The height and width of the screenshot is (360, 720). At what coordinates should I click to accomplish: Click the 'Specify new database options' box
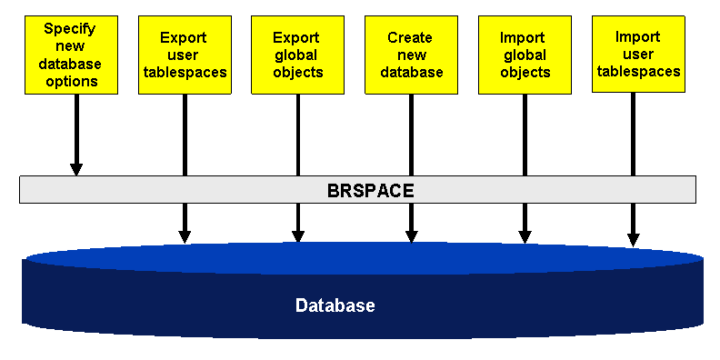point(71,55)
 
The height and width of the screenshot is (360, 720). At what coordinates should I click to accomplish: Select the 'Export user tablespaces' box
point(185,55)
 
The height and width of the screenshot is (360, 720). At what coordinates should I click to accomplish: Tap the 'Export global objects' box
point(297,55)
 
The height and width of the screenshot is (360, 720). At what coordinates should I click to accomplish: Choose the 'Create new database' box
point(411,55)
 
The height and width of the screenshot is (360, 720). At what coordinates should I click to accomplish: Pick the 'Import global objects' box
point(525,55)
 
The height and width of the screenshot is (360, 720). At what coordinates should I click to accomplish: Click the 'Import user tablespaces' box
point(638,55)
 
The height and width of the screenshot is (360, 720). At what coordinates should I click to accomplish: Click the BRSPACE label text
point(371,191)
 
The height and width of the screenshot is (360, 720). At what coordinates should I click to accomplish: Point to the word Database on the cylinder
point(335,305)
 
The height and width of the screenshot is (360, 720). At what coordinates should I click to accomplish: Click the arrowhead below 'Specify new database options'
point(76,169)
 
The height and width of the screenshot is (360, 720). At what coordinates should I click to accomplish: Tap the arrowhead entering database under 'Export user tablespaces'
point(185,236)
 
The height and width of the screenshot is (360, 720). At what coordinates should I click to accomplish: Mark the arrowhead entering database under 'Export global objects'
point(298,236)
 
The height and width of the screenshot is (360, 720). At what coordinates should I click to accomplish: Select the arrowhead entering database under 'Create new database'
point(412,236)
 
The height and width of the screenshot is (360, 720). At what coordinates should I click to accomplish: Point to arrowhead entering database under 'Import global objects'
point(525,237)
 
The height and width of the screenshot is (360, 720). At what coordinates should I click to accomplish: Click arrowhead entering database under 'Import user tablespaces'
point(634,240)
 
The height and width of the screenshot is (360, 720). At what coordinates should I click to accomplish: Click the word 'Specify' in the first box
point(70,29)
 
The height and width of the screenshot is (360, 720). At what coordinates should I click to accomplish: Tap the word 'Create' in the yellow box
point(410,37)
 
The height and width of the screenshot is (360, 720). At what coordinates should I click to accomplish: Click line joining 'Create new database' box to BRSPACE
point(412,135)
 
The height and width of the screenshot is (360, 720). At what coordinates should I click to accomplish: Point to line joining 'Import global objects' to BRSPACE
point(525,135)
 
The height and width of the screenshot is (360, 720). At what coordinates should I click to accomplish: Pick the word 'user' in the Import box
point(638,55)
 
